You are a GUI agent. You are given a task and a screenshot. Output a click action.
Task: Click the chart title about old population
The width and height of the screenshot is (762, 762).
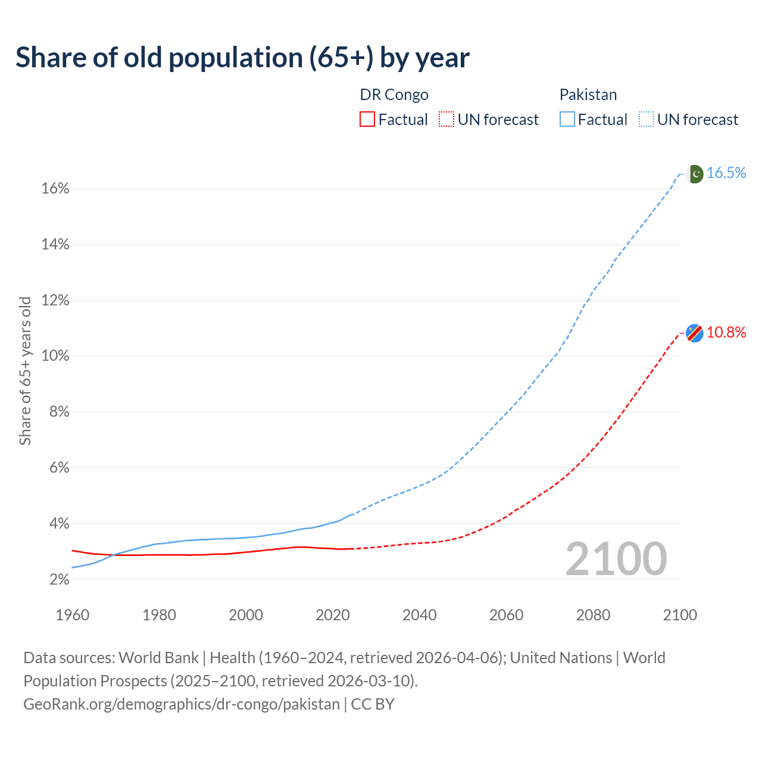tap(242, 58)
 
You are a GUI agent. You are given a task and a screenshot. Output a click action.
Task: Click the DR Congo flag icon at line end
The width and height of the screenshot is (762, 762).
tap(695, 333)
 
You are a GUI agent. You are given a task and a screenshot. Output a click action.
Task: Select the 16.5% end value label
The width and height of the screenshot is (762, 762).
tap(726, 173)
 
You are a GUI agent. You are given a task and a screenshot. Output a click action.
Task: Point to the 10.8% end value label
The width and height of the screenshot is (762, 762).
tap(726, 333)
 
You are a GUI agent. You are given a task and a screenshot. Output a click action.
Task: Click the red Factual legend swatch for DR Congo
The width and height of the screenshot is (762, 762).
tap(367, 120)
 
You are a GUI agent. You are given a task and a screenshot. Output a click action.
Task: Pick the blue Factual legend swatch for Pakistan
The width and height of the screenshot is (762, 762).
tap(567, 120)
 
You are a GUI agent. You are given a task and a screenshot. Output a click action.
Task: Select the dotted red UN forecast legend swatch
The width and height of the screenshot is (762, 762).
tap(446, 120)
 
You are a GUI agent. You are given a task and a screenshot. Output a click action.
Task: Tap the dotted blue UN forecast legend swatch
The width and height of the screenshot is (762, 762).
tap(647, 120)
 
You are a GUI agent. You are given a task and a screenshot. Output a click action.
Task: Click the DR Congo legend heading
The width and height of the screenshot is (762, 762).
tap(394, 95)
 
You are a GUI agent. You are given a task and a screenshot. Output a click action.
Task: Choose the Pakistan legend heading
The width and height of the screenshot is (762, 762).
tap(588, 95)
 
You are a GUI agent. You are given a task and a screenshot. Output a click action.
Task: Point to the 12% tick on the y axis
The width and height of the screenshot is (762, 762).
tap(55, 301)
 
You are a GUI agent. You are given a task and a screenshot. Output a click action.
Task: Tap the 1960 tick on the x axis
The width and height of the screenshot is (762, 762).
tap(72, 615)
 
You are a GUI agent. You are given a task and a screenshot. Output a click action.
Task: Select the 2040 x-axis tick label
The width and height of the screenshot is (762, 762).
tap(420, 615)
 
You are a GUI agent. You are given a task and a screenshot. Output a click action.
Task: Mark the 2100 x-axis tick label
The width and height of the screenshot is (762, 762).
tap(680, 615)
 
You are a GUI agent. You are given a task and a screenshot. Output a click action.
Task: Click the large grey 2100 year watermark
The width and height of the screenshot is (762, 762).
tap(616, 559)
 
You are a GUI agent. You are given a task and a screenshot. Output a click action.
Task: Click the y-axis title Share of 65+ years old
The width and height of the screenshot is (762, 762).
tap(25, 370)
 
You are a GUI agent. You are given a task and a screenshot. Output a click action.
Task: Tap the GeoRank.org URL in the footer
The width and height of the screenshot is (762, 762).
tap(181, 704)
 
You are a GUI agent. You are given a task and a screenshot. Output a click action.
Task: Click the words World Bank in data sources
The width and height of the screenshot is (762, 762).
tap(158, 658)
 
